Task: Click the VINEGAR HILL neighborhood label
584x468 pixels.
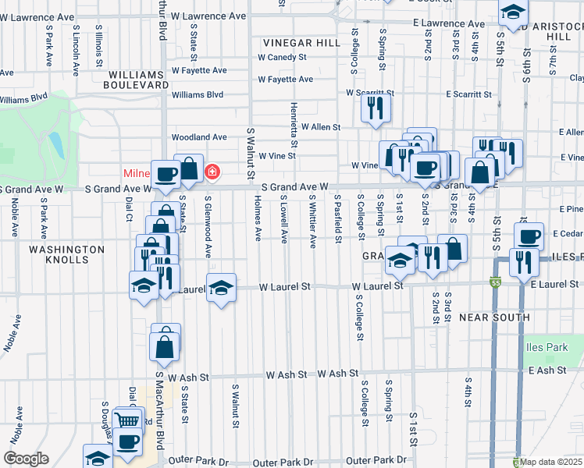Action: click(302, 43)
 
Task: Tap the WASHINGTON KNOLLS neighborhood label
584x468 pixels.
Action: click(66, 254)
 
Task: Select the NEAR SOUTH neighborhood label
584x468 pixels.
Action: click(494, 317)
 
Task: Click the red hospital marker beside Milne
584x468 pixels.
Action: click(212, 171)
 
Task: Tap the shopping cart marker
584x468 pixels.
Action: click(128, 420)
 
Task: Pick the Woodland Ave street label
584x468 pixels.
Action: click(200, 137)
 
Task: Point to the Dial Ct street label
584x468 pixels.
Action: click(129, 209)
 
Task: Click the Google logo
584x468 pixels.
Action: click(27, 459)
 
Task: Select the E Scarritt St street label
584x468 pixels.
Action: click(469, 94)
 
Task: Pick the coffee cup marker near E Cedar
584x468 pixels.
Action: click(529, 235)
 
